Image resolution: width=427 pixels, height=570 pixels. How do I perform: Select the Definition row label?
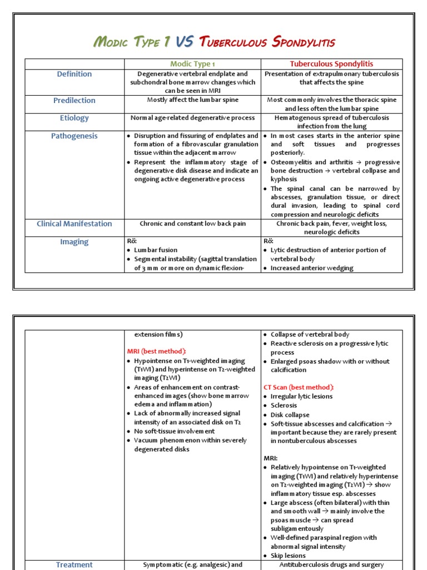click(x=75, y=74)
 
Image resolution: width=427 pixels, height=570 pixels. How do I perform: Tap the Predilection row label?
click(x=75, y=101)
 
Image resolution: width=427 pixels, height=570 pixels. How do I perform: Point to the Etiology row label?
click(x=75, y=118)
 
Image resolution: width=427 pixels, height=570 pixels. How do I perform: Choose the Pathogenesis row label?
click(x=75, y=136)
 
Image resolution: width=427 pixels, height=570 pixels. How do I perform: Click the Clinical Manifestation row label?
click(x=75, y=224)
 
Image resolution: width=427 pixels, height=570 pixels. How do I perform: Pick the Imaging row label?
click(x=75, y=242)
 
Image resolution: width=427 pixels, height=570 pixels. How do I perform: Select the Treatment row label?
click(x=75, y=564)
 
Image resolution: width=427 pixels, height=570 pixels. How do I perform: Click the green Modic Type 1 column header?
click(x=192, y=64)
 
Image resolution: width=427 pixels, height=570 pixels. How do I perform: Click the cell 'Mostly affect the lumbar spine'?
click(x=192, y=100)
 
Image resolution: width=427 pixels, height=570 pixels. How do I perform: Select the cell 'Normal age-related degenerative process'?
click(x=192, y=118)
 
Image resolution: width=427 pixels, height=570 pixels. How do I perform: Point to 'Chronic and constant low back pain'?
click(x=192, y=224)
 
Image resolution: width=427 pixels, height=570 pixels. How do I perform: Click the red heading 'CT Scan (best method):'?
click(x=298, y=387)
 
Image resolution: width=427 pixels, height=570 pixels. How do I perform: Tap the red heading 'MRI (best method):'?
click(x=157, y=351)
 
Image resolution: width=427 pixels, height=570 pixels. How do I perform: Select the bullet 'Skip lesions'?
click(x=288, y=556)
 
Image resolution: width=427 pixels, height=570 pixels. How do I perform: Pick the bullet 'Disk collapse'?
click(x=290, y=415)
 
